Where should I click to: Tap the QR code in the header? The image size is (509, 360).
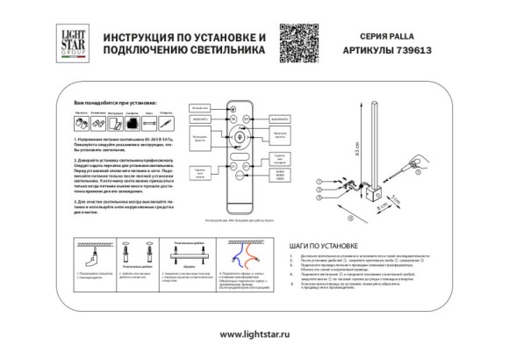[298, 39]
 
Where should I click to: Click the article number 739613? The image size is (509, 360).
[419, 51]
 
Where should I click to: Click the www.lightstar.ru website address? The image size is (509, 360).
[254, 334]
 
